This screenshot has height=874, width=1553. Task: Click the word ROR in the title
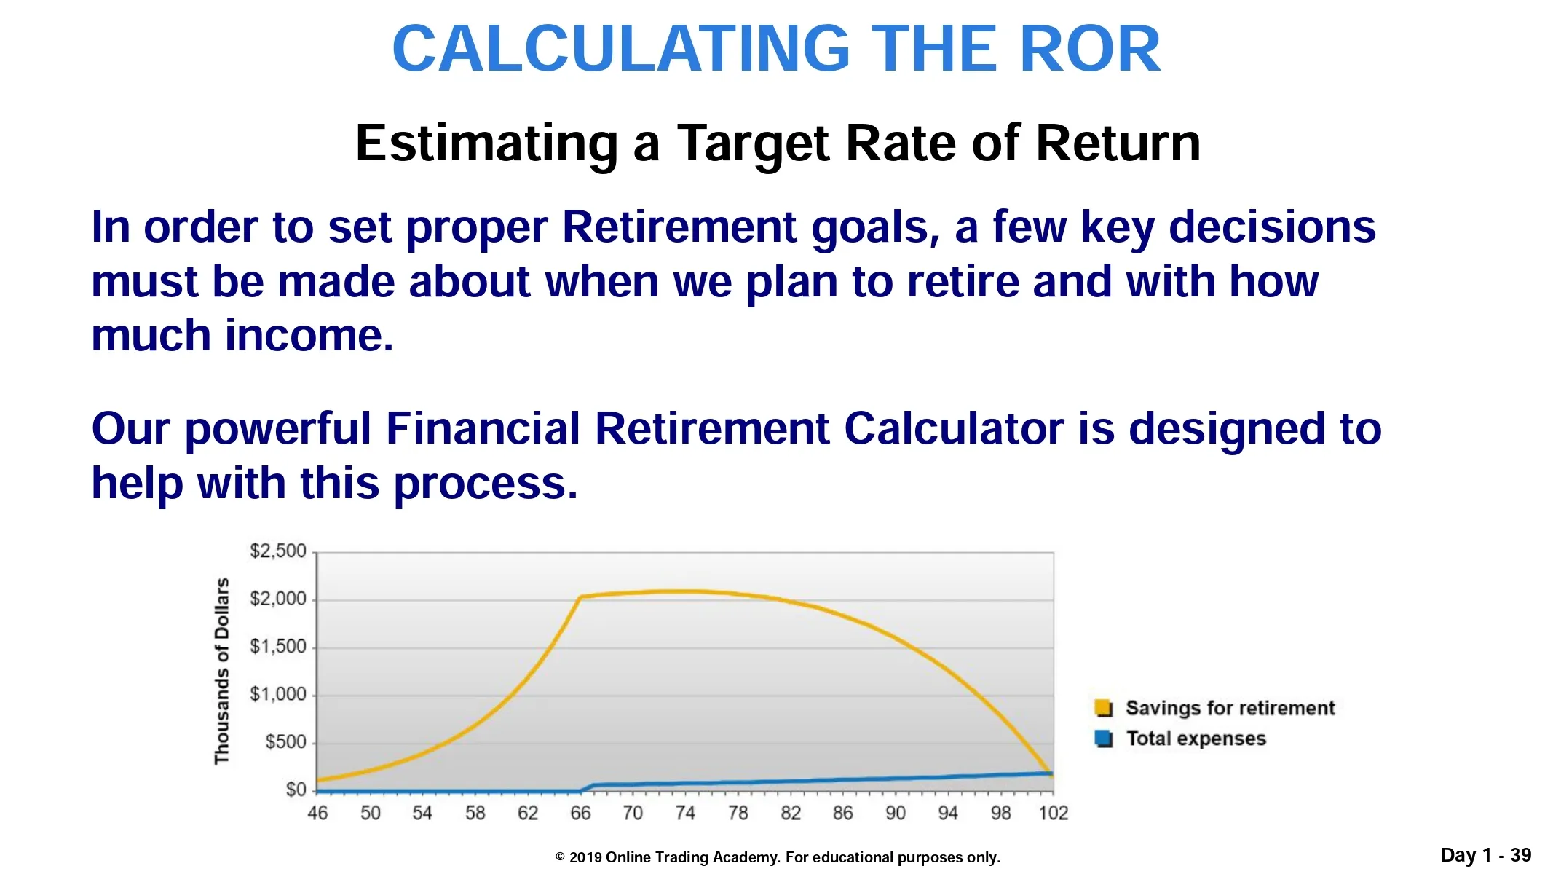click(1090, 49)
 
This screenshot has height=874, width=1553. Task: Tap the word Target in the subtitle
click(754, 144)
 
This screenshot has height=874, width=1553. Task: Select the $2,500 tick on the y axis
click(277, 551)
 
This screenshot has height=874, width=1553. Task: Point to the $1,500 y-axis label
click(277, 647)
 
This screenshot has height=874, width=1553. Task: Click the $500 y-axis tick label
click(285, 742)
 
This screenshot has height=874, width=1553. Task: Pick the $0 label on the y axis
click(296, 790)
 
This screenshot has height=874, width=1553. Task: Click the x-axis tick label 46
click(317, 813)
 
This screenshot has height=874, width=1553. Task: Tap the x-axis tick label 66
click(580, 813)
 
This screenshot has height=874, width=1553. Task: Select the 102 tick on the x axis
click(1053, 813)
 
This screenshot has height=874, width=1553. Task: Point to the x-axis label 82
click(791, 813)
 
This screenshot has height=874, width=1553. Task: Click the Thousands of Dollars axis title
click(221, 672)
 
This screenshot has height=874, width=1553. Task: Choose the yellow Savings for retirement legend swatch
click(1103, 708)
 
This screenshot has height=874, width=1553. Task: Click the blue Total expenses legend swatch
click(1103, 739)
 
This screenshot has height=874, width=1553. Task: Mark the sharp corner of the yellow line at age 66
click(581, 597)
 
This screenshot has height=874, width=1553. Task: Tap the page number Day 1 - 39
click(1486, 855)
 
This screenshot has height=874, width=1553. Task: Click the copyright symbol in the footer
click(560, 858)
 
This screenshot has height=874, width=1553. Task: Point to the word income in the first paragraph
click(309, 336)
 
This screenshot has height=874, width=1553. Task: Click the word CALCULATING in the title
click(622, 49)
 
